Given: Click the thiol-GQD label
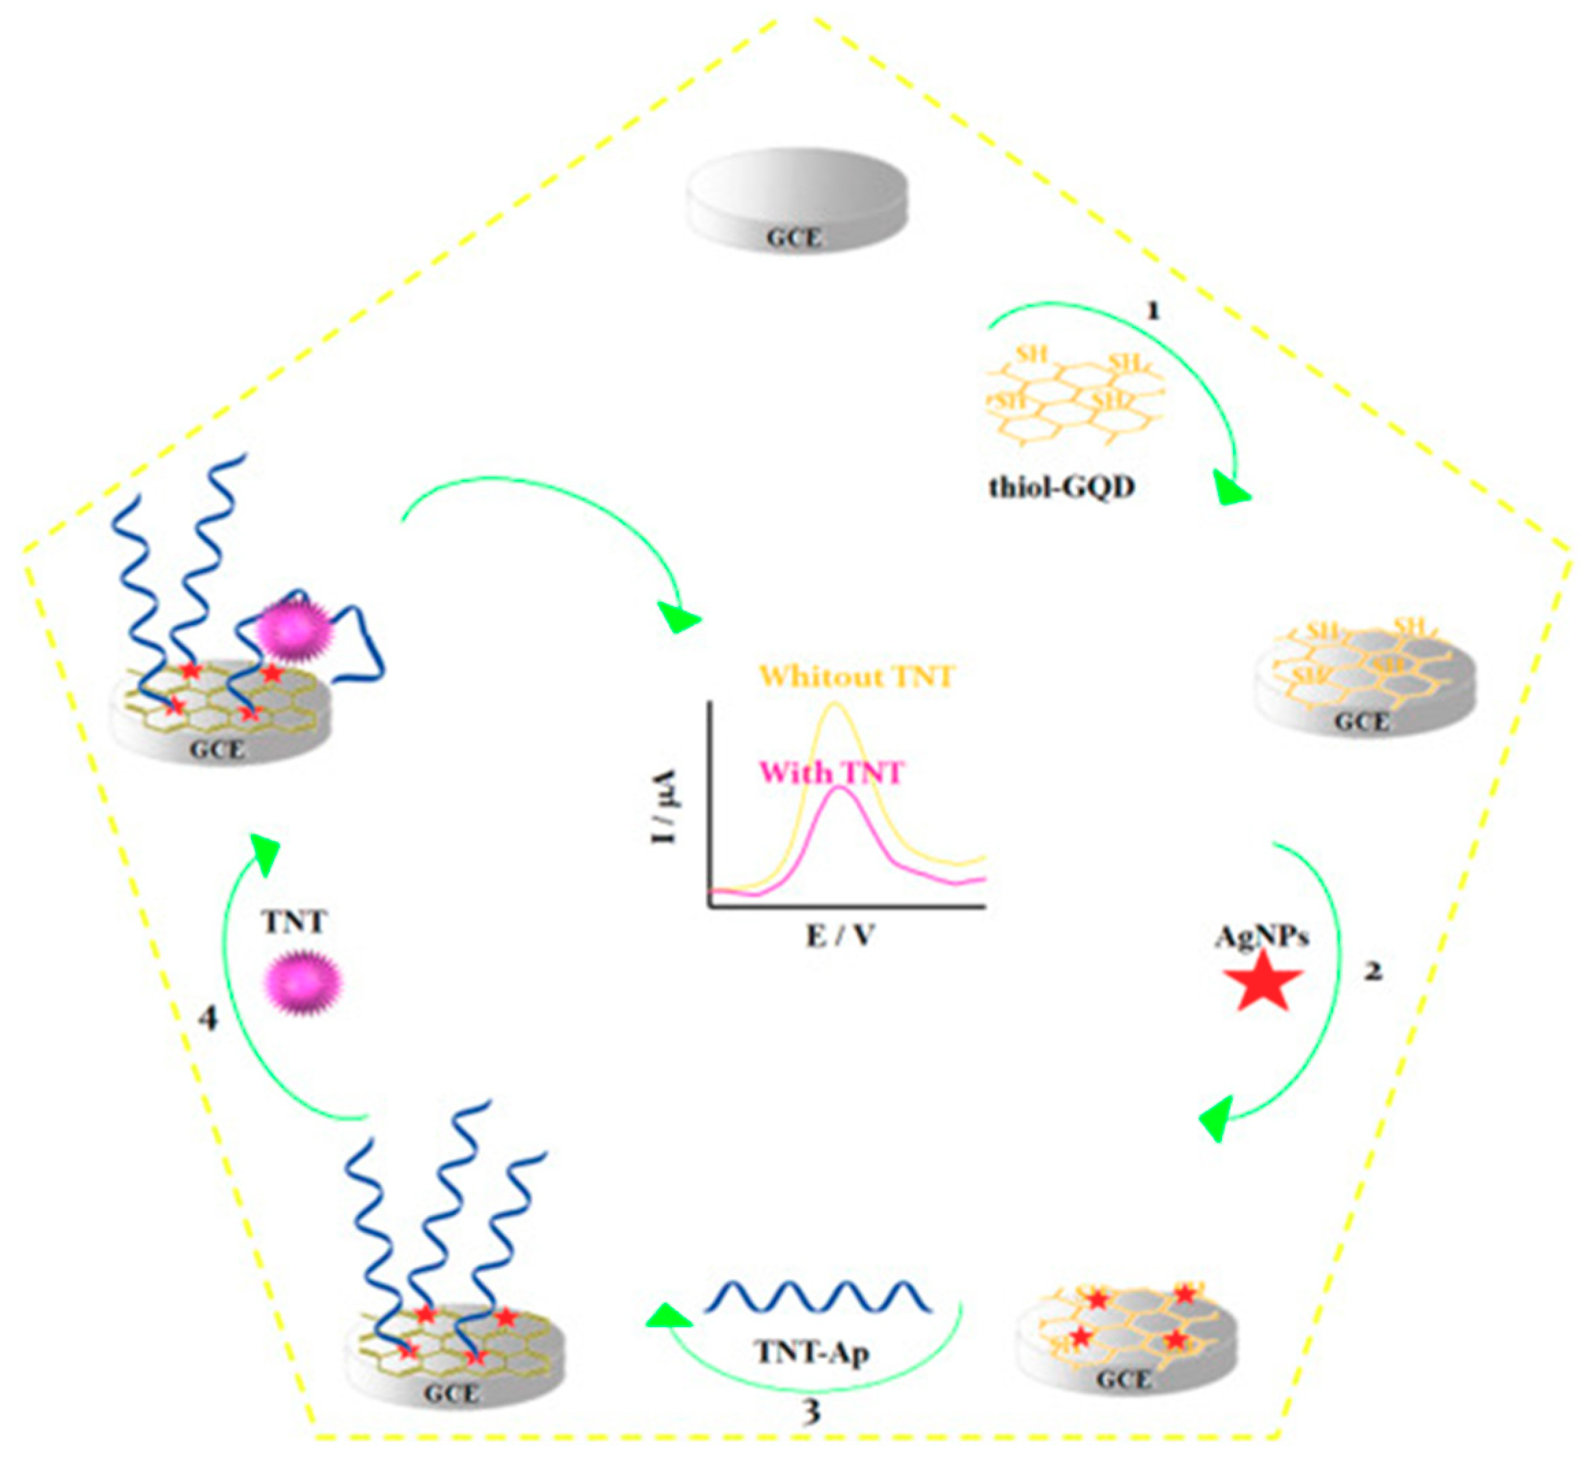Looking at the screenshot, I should coord(1061,486).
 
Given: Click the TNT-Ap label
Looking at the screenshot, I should coord(814,1353).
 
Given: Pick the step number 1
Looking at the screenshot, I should coord(1154,311).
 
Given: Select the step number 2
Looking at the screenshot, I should coord(1373,970).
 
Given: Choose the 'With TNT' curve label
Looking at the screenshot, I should coord(832,773).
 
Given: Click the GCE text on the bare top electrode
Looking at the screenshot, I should coord(794,238).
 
